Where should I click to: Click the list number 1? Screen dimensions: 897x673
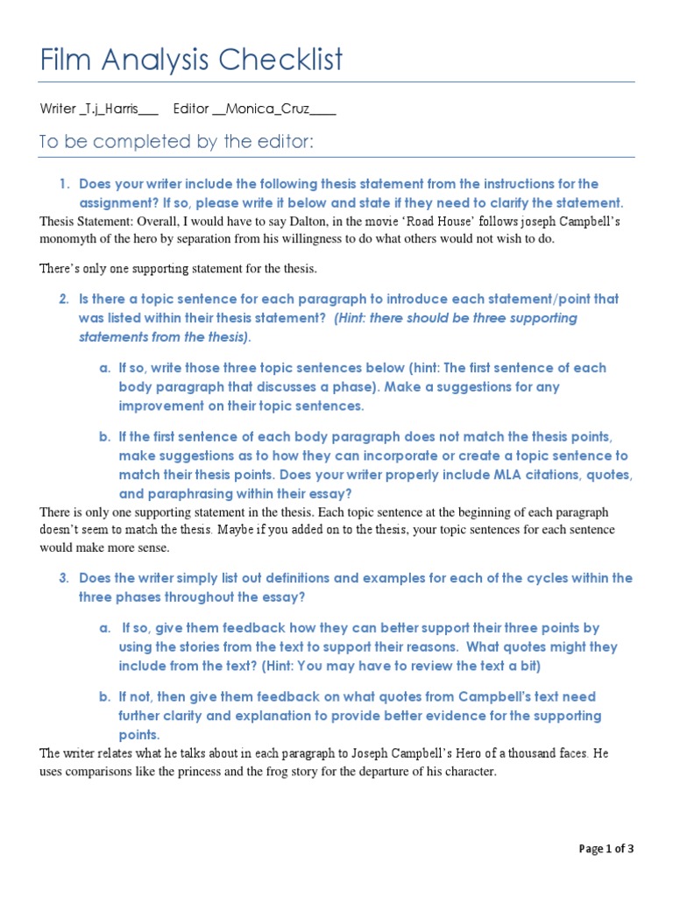(63, 184)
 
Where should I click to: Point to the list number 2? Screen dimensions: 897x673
(63, 300)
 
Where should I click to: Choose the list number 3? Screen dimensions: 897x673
(63, 578)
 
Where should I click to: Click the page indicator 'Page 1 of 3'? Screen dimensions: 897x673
(606, 848)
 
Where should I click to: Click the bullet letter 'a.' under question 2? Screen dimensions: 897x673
(104, 368)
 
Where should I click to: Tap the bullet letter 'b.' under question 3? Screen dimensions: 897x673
(104, 697)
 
